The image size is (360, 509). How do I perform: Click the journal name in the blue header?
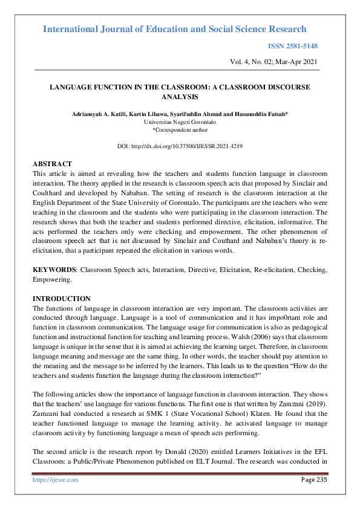(x=175, y=29)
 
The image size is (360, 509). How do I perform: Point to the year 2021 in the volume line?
(x=308, y=62)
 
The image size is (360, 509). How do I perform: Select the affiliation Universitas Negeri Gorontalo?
(x=180, y=122)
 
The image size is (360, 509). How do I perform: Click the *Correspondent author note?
(x=180, y=129)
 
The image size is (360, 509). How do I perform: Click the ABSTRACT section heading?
(x=52, y=164)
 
